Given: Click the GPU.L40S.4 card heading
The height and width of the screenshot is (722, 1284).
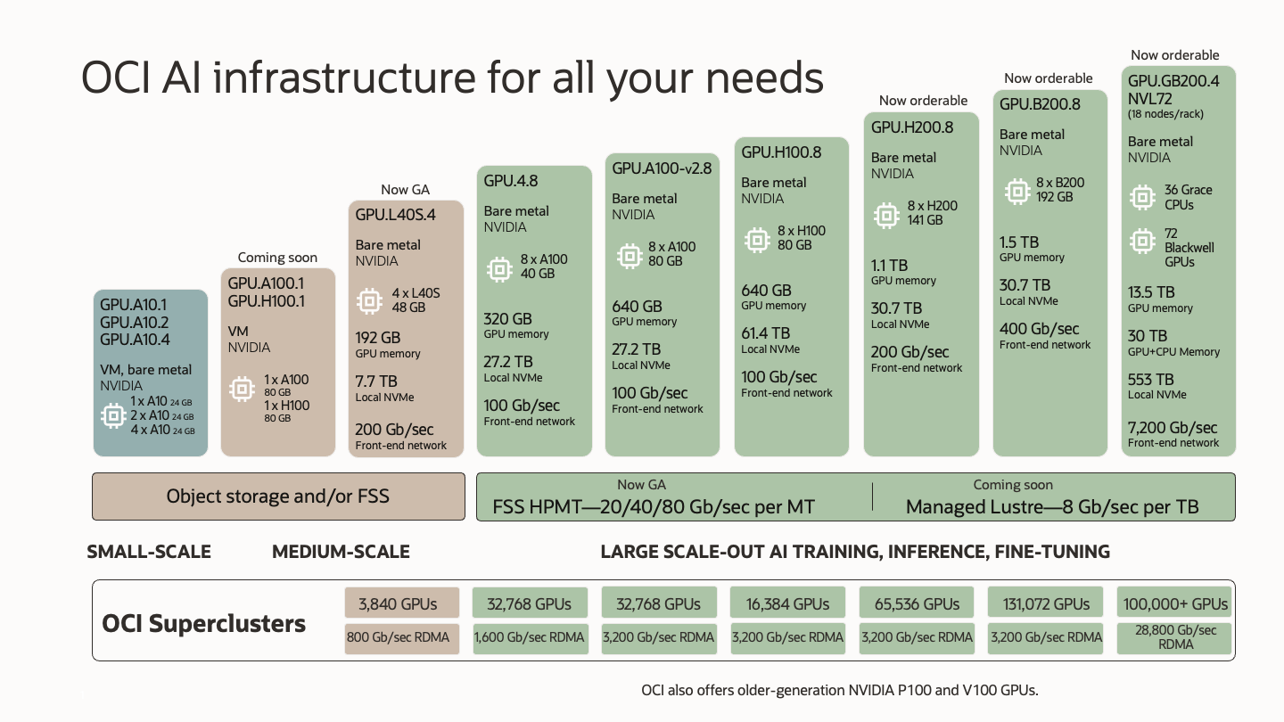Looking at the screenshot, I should pos(395,215).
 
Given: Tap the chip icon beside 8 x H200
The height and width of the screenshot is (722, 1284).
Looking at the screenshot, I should pos(885,215).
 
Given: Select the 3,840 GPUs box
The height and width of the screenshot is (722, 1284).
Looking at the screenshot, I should pos(402,603).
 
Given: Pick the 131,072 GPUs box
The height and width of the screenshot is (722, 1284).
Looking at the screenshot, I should pos(1046,603).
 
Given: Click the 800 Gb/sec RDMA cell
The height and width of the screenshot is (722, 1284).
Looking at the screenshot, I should pos(402,637).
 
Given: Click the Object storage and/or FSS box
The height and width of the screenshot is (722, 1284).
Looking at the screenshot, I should pos(278,496).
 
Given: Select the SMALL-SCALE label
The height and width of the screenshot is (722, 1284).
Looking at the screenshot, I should pos(149,552).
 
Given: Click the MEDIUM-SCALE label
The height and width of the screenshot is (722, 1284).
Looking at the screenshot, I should pos(341,552).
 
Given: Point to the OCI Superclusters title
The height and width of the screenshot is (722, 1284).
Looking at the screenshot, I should pos(204,623).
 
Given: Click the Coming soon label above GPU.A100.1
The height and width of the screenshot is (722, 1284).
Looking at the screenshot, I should pos(277,258).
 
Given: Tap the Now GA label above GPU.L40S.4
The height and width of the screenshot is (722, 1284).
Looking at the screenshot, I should pos(406,190).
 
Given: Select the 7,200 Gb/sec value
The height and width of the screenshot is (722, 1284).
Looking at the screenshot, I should pos(1173,428).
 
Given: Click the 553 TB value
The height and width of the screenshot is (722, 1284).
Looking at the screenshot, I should pos(1151,379).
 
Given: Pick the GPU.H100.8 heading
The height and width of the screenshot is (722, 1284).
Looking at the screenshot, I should pos(781,152).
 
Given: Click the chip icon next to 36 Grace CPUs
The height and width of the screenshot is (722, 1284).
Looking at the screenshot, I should pos(1142,197).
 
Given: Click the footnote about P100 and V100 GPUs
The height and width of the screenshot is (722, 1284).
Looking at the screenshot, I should pos(840,690).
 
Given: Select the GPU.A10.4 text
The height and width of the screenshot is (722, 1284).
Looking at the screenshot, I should pos(135,340).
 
